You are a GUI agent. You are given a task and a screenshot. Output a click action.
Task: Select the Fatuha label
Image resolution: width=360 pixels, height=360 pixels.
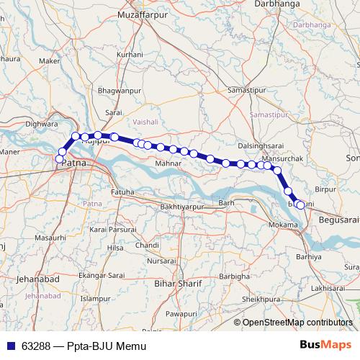point(122,192)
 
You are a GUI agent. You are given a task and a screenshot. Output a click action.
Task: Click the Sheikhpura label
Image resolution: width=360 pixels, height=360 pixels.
point(260,298)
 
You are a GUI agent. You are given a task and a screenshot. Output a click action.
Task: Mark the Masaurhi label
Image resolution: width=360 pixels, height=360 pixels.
point(50,237)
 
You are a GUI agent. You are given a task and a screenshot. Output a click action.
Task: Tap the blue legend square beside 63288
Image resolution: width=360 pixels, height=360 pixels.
point(10,346)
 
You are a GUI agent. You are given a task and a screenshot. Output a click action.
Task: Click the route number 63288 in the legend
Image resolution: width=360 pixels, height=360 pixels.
point(36,346)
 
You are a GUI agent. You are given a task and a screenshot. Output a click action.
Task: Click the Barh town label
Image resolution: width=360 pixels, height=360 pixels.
point(227,204)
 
